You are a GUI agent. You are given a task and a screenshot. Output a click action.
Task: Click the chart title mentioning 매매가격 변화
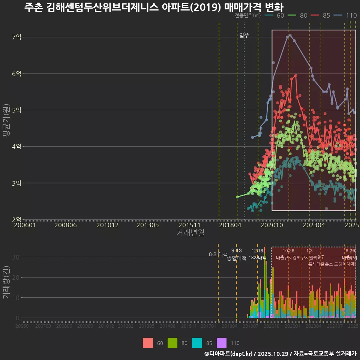tap(154, 7)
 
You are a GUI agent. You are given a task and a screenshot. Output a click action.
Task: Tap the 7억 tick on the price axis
tap(17, 37)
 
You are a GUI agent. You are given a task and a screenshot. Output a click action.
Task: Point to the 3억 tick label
tap(17, 183)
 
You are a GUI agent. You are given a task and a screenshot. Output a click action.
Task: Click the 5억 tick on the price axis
tap(17, 110)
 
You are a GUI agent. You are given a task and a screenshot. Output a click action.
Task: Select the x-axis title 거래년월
tap(190, 232)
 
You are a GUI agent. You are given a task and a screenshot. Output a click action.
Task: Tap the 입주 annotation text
tap(244, 35)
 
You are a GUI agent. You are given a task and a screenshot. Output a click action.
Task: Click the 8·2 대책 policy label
tap(218, 254)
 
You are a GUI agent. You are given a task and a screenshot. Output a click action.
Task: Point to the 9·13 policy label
tap(236, 250)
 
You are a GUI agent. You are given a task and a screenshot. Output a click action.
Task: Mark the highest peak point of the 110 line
tap(290, 35)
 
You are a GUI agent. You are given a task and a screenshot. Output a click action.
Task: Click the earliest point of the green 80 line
tap(237, 197)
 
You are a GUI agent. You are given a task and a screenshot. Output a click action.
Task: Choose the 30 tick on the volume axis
tap(17, 257)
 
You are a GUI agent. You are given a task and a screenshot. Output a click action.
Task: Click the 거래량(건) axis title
tap(6, 282)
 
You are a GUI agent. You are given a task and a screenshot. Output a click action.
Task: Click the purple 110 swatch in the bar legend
tap(222, 343)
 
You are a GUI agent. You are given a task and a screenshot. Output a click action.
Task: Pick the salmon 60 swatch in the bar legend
tap(148, 343)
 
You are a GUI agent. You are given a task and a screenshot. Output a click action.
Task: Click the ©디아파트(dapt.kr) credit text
tap(229, 354)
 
